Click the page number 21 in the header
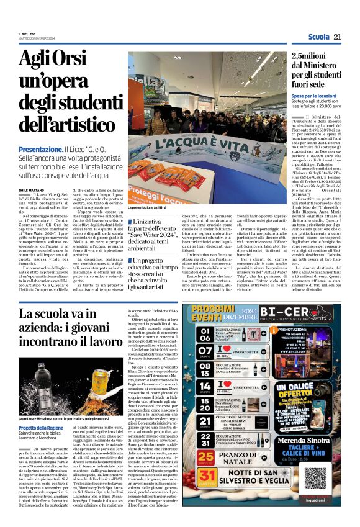tap(338, 37)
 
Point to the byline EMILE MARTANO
tap(32, 189)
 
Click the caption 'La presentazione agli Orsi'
tap(148, 208)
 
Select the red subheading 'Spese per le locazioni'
tap(314, 96)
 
